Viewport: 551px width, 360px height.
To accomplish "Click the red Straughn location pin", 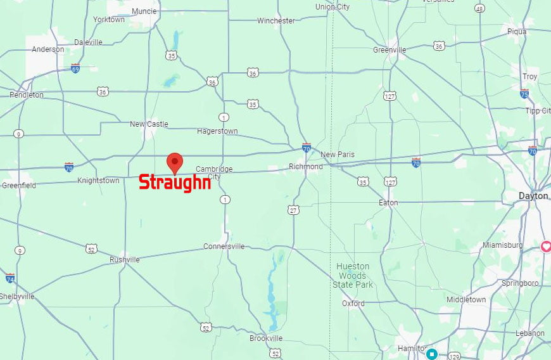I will point(174,162).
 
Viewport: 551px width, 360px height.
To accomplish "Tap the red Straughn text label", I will point(174,183).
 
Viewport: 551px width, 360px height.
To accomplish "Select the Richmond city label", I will point(305,167).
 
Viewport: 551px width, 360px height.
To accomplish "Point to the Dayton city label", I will point(533,196).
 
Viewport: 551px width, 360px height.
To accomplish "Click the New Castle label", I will point(149,124).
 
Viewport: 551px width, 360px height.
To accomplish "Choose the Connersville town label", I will point(224,247).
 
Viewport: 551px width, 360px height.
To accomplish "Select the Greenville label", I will point(389,49).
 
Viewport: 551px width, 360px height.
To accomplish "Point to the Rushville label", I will point(124,260).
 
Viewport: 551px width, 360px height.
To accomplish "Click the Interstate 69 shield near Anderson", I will point(75,67).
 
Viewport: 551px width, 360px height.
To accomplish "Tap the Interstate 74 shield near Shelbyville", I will point(9,278).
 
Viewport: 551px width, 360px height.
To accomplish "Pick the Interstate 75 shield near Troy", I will point(524,94).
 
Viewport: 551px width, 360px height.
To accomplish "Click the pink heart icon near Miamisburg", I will point(545,247).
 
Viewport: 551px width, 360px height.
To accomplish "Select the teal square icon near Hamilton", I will point(432,354).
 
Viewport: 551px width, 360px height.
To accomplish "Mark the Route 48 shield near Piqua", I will point(479,8).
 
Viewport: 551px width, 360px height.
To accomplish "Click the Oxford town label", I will point(353,304).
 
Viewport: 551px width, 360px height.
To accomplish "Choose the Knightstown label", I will point(98,181).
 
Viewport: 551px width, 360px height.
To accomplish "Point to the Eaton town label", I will point(388,203).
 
